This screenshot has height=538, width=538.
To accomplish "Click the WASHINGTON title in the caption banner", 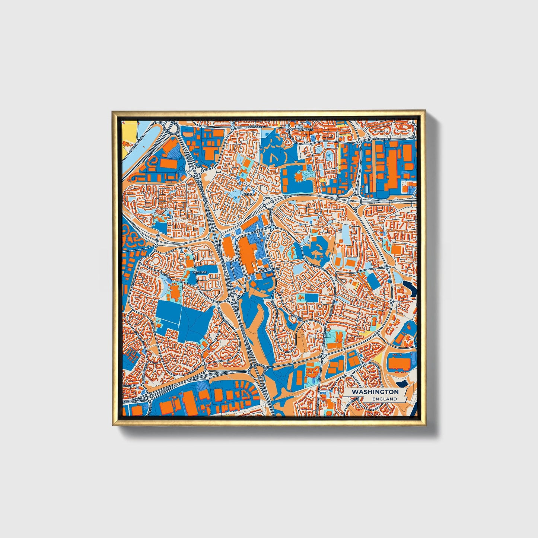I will (375, 392).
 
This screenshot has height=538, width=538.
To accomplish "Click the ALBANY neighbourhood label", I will (249, 194).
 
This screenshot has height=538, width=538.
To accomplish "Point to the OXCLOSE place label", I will (200, 272).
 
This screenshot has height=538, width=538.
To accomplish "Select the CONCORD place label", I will (306, 130).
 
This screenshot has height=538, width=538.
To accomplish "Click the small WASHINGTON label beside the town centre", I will (268, 268).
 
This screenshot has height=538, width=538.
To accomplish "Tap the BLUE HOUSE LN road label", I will (255, 127).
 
